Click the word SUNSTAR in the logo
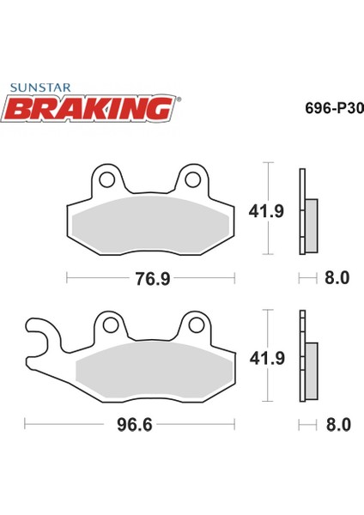coord(40,88)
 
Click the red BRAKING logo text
coord(88,108)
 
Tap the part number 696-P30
coord(335,108)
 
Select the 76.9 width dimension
coord(153,279)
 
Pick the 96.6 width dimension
coord(135,425)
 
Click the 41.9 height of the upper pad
coord(266,211)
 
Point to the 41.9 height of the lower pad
coord(267,358)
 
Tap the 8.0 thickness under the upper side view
coord(337,278)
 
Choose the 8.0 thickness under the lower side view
coord(338,425)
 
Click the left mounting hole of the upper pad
coord(107,179)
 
